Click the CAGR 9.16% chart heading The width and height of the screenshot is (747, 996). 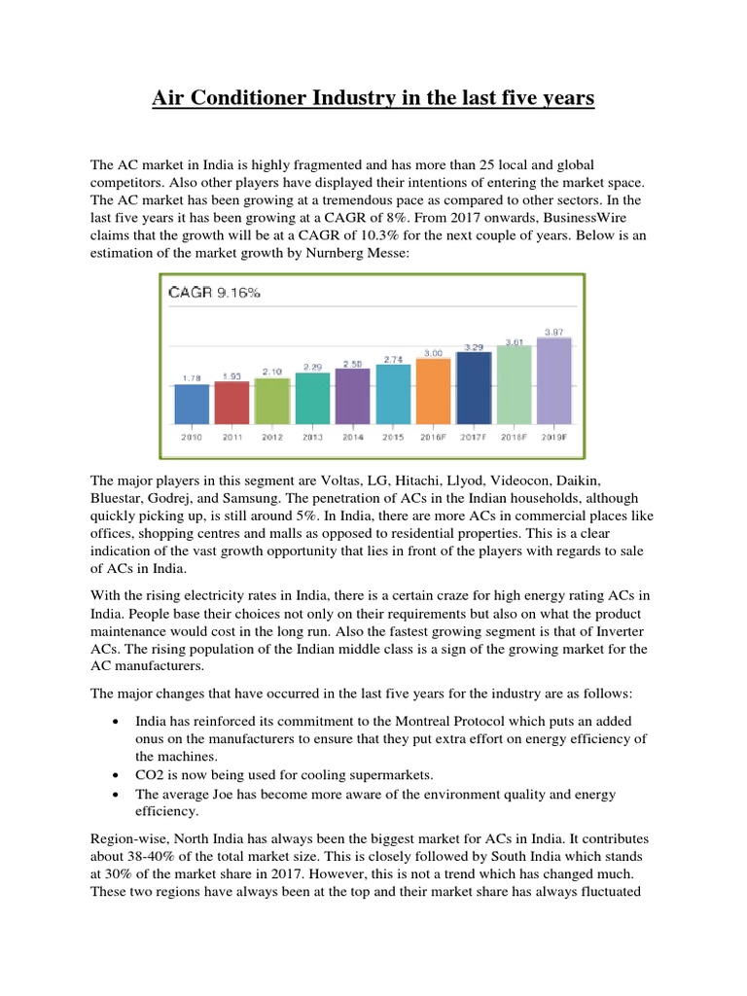point(215,291)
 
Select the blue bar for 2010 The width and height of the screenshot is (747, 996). point(192,404)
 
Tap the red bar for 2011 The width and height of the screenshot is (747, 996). point(231,402)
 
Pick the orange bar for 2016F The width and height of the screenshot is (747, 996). point(433,390)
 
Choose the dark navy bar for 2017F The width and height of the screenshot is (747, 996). point(474,387)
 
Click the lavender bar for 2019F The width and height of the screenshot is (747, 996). point(554,380)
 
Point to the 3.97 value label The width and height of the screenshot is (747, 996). point(554,332)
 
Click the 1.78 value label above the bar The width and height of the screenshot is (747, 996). point(192,377)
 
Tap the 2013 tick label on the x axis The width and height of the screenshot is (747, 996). point(312,439)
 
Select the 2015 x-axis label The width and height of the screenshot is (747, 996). point(393,439)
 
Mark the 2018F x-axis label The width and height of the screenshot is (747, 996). point(514,439)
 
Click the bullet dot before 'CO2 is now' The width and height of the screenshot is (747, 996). point(116,776)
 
